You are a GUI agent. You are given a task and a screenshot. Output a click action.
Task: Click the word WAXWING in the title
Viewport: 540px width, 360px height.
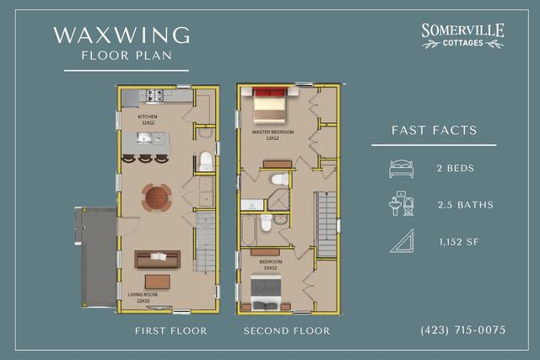121,35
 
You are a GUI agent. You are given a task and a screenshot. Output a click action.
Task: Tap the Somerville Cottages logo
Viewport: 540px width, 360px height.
462,35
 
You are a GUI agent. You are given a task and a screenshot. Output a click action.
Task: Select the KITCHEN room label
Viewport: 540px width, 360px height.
148,117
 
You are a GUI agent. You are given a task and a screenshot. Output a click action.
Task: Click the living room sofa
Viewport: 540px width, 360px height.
158,259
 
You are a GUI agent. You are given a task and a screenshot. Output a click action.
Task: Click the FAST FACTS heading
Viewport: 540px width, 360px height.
435,131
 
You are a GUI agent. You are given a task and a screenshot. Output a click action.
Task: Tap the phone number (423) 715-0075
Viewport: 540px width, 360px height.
462,330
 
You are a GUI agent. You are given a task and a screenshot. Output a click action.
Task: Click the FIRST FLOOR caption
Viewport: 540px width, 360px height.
170,330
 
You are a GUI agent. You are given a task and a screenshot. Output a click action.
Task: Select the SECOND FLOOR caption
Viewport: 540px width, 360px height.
287,330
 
